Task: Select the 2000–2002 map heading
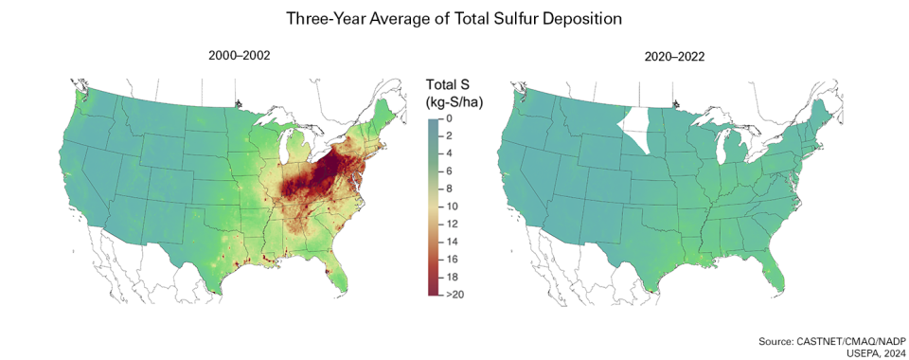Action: pos(239,56)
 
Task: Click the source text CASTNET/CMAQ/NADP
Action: pos(842,340)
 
